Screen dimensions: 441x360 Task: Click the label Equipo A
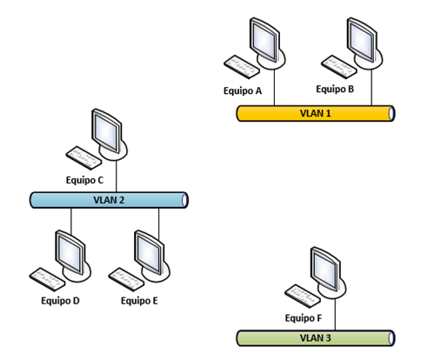click(x=243, y=91)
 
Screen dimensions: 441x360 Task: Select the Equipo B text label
click(x=335, y=89)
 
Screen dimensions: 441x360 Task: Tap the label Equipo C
click(x=84, y=180)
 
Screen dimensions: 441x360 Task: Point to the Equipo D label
click(x=60, y=301)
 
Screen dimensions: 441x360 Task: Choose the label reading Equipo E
click(x=139, y=301)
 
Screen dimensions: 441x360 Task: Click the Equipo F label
click(x=304, y=318)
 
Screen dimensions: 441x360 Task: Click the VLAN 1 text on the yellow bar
click(x=316, y=113)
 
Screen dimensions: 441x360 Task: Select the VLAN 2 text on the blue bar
click(x=109, y=200)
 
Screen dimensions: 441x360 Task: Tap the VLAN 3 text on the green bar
click(x=316, y=338)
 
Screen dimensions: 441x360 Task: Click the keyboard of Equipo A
click(x=242, y=67)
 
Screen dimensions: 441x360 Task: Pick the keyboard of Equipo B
click(x=339, y=67)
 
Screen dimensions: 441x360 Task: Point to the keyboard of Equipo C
click(x=84, y=158)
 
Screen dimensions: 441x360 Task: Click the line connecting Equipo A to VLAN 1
click(x=274, y=88)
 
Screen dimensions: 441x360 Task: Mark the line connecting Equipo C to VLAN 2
click(x=117, y=177)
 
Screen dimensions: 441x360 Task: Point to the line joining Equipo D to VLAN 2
click(x=71, y=222)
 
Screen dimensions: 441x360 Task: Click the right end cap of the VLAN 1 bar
click(x=391, y=113)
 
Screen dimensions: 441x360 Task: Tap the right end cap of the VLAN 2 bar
click(x=184, y=200)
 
